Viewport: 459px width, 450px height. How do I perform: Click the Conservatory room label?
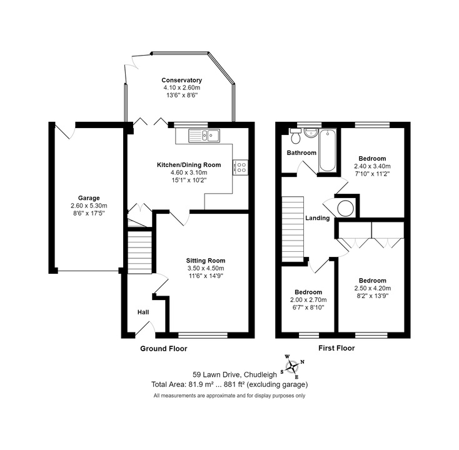182,80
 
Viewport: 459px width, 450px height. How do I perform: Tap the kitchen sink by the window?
204,136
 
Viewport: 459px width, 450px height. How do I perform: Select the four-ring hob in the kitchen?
241,167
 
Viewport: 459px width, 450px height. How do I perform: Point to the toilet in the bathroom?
295,136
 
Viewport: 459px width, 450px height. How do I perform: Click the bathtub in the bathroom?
328,151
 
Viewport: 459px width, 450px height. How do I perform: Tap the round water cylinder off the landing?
345,208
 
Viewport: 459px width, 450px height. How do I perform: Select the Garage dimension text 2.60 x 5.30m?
89,206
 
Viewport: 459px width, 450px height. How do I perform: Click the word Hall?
143,312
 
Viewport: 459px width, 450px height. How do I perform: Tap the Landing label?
317,218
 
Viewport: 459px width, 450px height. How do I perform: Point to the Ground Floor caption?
164,349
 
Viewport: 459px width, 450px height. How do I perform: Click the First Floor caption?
336,348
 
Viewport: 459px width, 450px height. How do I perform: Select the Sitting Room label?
206,261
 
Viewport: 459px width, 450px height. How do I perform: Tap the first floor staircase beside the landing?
293,229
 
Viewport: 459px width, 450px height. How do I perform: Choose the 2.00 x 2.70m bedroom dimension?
308,300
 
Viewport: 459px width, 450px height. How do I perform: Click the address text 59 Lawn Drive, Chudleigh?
235,374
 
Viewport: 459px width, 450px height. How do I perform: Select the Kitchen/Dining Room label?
189,165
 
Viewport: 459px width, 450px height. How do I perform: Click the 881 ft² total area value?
234,384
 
